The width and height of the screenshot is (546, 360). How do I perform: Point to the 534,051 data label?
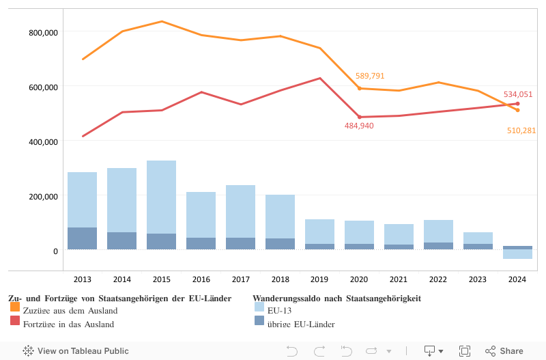coord(518,94)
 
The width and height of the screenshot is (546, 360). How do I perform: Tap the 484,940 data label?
coord(359,126)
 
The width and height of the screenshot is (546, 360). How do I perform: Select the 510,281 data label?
coord(521,130)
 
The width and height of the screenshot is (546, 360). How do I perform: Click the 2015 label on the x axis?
coord(161,279)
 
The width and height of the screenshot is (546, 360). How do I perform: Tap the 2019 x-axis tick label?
coord(319,279)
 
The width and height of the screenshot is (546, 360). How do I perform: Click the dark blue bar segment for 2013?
coord(82,238)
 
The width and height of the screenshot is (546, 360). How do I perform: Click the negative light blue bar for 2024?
coord(517,254)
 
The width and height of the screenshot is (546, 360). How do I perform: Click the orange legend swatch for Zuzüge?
coord(15,308)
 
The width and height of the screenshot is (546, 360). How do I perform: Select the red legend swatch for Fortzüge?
coord(15,321)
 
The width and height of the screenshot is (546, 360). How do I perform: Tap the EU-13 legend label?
coord(280,311)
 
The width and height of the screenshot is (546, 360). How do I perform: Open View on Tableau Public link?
coord(76,351)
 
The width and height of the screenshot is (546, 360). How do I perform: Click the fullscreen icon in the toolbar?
coord(465,351)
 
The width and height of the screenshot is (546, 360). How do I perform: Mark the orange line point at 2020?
coord(359,88)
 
